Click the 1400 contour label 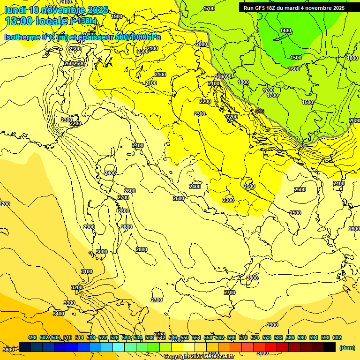pyautogui.click(x=285, y=30)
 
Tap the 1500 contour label pyautogui.click(x=296, y=58)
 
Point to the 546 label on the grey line pyautogui.click(x=260, y=111)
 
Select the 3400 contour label pyautogui.click(x=59, y=314)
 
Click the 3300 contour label pyautogui.click(x=69, y=303)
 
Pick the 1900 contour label pyautogui.click(x=117, y=16)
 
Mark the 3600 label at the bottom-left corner pyautogui.click(x=8, y=349)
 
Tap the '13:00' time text pyautogui.click(x=19, y=21)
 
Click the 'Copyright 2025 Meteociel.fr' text pyautogui.click(x=199, y=357)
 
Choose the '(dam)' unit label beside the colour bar pyautogui.click(x=347, y=348)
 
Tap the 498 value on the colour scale pyautogui.click(x=32, y=337)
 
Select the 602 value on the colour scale pyautogui.click(x=337, y=337)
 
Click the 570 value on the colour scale pyautogui.click(x=243, y=337)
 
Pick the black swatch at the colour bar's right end pyautogui.click(x=330, y=347)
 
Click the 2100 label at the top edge pyautogui.click(x=66, y=2)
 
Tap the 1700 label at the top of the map pyautogui.click(x=209, y=8)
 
